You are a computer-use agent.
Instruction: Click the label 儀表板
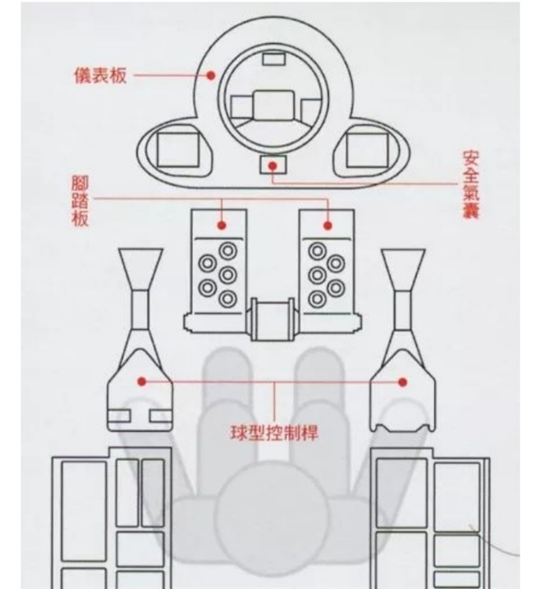pyautogui.click(x=97, y=75)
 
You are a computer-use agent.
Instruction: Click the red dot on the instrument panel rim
pyautogui.click(x=211, y=75)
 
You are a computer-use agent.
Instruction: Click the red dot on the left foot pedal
pyautogui.click(x=222, y=225)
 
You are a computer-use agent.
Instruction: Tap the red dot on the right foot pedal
pyautogui.click(x=327, y=225)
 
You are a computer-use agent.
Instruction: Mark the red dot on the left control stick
pyautogui.click(x=141, y=382)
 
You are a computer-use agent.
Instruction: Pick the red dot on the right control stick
pyautogui.click(x=402, y=382)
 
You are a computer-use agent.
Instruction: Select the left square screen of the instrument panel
pyautogui.click(x=176, y=148)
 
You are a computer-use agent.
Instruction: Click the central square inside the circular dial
pyautogui.click(x=273, y=105)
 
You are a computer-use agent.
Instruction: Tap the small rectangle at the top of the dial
pyautogui.click(x=273, y=57)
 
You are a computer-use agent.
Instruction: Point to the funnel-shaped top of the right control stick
pyautogui.click(x=402, y=268)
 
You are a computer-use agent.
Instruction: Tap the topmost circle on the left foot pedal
pyautogui.click(x=227, y=251)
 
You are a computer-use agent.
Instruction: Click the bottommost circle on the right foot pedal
pyautogui.click(x=318, y=299)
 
